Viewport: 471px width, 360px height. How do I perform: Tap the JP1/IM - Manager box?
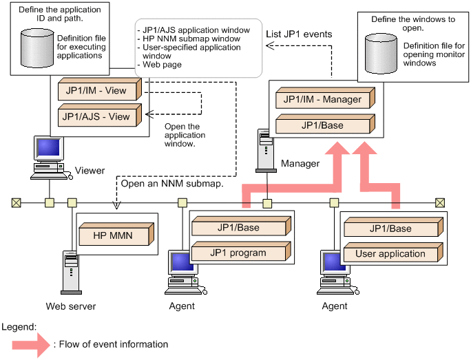click(322, 99)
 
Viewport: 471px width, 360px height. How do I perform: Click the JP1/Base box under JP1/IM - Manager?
click(322, 125)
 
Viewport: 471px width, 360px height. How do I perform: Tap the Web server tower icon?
click(70, 271)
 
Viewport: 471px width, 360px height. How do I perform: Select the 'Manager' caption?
click(300, 163)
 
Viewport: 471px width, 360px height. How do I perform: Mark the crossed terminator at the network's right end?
click(439, 203)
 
